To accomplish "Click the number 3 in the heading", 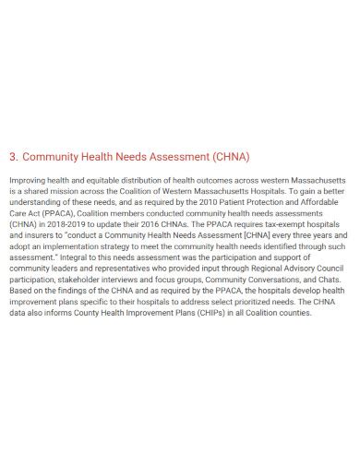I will pos(10,156).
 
